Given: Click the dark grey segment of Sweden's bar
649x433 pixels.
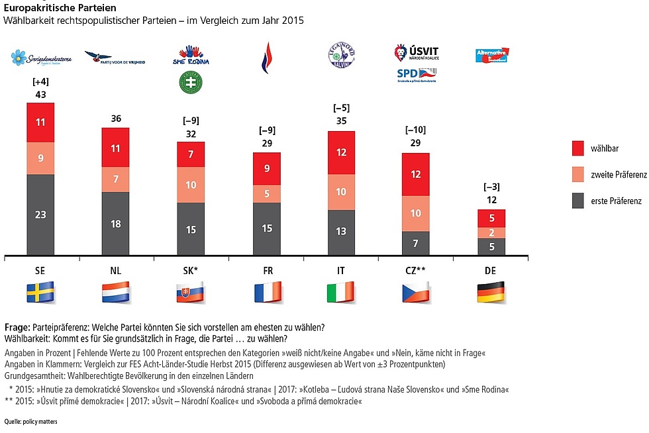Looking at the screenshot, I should click(40, 215).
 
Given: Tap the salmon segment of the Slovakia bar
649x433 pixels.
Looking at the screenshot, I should click(190, 185).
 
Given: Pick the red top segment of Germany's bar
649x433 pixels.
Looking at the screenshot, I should click(491, 218).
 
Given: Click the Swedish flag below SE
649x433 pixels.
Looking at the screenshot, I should click(40, 292).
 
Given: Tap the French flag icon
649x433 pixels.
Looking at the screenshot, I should click(267, 292).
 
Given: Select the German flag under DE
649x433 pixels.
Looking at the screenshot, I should click(491, 292).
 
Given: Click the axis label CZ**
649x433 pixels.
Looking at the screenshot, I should click(417, 270).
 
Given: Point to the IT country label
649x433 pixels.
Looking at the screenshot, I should click(342, 270).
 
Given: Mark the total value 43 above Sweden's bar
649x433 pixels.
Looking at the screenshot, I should click(40, 95).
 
